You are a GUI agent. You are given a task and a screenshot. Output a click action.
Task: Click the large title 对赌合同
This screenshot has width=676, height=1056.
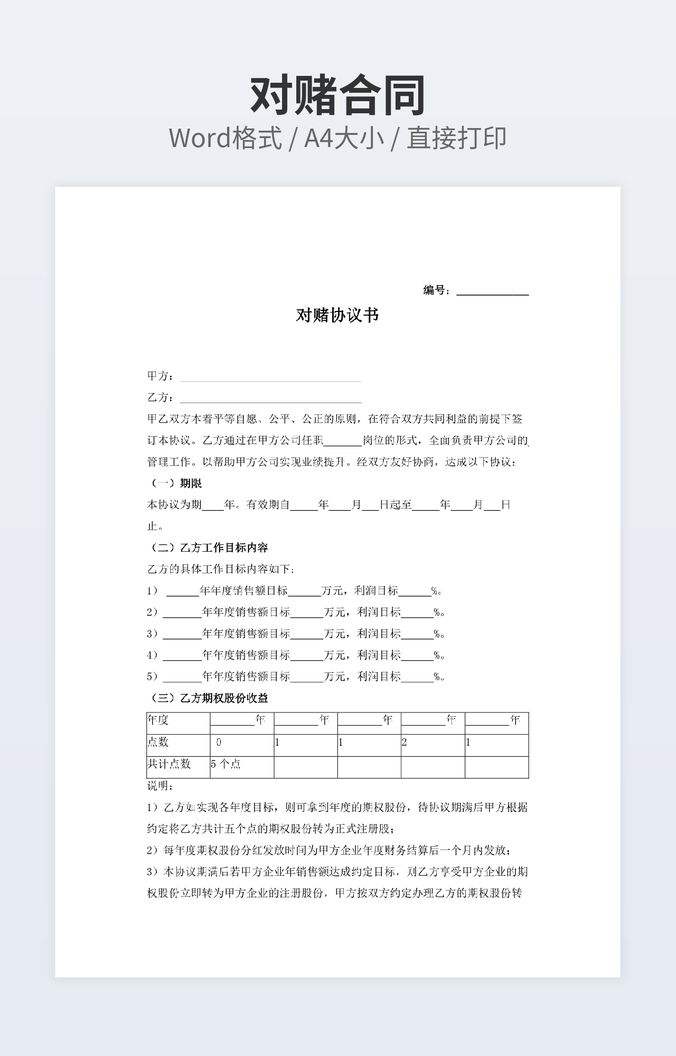tap(338, 95)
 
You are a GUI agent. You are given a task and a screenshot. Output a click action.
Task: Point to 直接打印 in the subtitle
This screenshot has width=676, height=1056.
tap(455, 138)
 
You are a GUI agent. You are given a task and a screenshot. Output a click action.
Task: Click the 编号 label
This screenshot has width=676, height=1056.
tap(436, 290)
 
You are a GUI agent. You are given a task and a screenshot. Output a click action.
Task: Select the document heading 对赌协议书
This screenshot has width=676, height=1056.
tap(337, 316)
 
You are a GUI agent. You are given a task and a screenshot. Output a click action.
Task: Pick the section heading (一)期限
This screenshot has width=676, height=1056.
tap(175, 483)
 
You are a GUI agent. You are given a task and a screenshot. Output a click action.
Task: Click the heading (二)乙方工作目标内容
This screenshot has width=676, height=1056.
tap(207, 547)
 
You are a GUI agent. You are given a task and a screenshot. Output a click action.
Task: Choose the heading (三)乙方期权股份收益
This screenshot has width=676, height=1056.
tap(207, 698)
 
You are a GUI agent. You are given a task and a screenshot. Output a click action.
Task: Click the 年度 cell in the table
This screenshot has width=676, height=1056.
tap(158, 720)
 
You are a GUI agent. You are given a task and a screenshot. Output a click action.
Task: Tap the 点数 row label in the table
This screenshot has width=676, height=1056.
tap(158, 743)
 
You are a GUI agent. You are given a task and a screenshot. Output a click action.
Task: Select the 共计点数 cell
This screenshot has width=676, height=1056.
tap(169, 764)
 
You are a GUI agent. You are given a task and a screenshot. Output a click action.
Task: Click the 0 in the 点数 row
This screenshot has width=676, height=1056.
tap(218, 743)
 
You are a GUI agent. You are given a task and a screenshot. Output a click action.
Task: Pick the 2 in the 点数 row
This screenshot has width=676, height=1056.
tap(404, 743)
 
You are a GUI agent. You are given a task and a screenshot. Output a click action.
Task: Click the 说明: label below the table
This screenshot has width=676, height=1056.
tap(160, 785)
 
